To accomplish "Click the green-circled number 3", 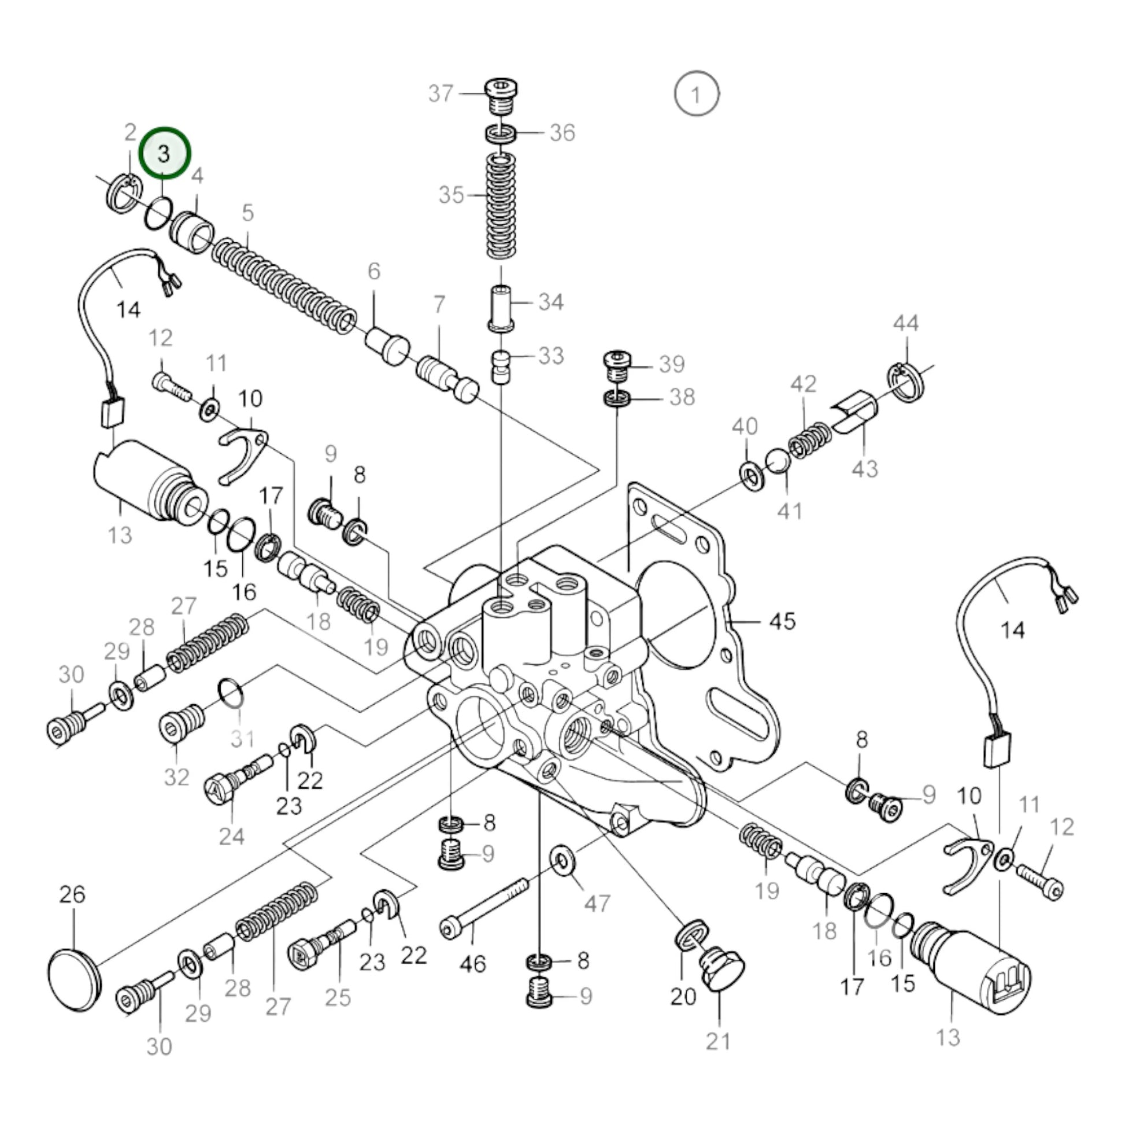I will pos(164,154).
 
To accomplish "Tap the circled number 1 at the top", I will pos(696,93).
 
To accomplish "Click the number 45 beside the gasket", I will pos(782,621).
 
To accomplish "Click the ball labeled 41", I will pos(778,462).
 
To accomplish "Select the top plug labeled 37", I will pos(501,97).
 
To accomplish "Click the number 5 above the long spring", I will pos(248,213).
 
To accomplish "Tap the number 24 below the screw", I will pos(232,836).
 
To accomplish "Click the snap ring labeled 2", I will pos(124,193).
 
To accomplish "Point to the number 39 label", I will pos(671,365).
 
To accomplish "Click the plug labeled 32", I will pos(180,720).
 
